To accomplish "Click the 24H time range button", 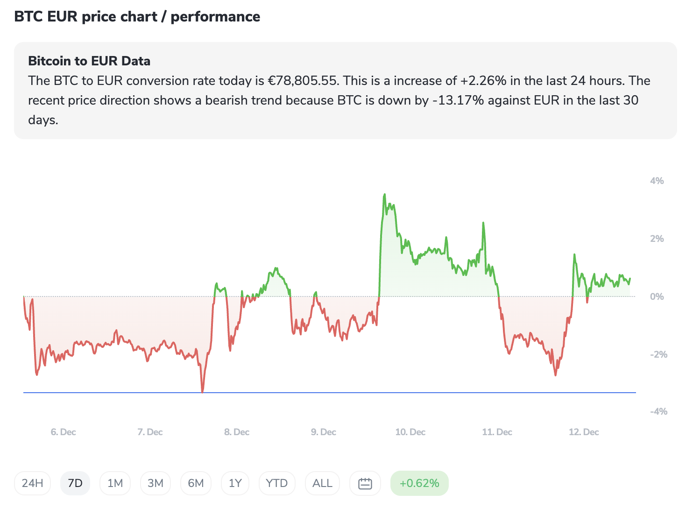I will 33,483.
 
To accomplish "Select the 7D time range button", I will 75,483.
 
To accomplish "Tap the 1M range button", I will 115,483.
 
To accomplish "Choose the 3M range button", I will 156,483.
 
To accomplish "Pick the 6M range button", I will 196,483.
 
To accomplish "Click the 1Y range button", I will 235,483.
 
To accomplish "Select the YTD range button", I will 277,483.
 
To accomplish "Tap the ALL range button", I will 322,483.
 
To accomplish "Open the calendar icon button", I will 365,483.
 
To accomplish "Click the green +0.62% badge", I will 419,483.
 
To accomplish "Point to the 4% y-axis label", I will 657,181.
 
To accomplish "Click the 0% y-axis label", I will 657,296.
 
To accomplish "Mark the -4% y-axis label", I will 658,411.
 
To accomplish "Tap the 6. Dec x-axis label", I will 64,432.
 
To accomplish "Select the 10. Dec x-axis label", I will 410,432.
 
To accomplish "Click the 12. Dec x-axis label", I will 584,432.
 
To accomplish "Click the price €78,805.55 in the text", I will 303,81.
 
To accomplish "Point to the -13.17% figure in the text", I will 458,100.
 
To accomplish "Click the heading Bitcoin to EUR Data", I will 89,61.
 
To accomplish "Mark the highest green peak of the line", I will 384,195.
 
